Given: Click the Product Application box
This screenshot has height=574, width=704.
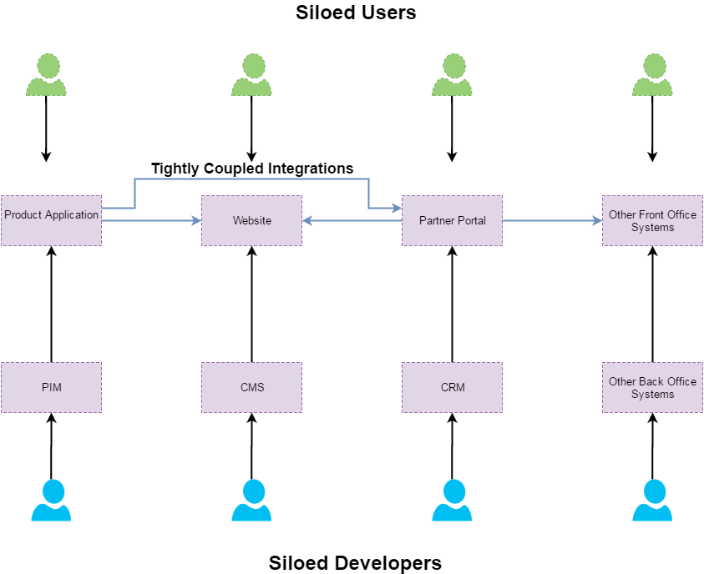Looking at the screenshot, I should point(51,220).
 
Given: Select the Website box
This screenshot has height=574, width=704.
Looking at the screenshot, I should point(251,220).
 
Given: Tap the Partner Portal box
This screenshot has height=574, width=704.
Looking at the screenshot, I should point(452,220).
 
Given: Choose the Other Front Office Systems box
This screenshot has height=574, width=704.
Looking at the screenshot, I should point(652,220).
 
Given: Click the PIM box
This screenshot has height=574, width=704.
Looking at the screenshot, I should point(51,387).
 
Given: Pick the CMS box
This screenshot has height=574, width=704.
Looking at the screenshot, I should point(251,387).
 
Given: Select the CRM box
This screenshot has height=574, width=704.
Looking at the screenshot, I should point(452,387).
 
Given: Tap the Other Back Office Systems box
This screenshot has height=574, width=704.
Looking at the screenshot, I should point(652,387).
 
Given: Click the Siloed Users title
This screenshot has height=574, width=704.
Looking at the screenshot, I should point(356,13).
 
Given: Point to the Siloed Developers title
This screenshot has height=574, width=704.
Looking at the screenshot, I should point(355,562).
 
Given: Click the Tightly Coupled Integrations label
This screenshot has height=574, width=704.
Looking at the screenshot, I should point(252,169).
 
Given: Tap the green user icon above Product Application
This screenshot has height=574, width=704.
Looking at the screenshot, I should point(46,75).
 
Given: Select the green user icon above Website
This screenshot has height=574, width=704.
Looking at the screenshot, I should point(251,75).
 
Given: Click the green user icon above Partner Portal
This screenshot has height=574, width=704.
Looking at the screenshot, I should point(452,75).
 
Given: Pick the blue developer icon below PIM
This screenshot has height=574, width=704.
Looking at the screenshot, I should point(51,501).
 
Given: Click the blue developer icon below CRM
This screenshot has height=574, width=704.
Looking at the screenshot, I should point(452,501).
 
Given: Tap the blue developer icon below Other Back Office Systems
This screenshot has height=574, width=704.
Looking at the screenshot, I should point(652,501).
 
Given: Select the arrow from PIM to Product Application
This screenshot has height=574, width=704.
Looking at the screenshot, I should point(51,304).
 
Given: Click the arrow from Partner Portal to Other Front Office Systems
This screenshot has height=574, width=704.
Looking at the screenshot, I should point(552,221).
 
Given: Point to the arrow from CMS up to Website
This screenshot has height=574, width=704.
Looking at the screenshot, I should point(251,304).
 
